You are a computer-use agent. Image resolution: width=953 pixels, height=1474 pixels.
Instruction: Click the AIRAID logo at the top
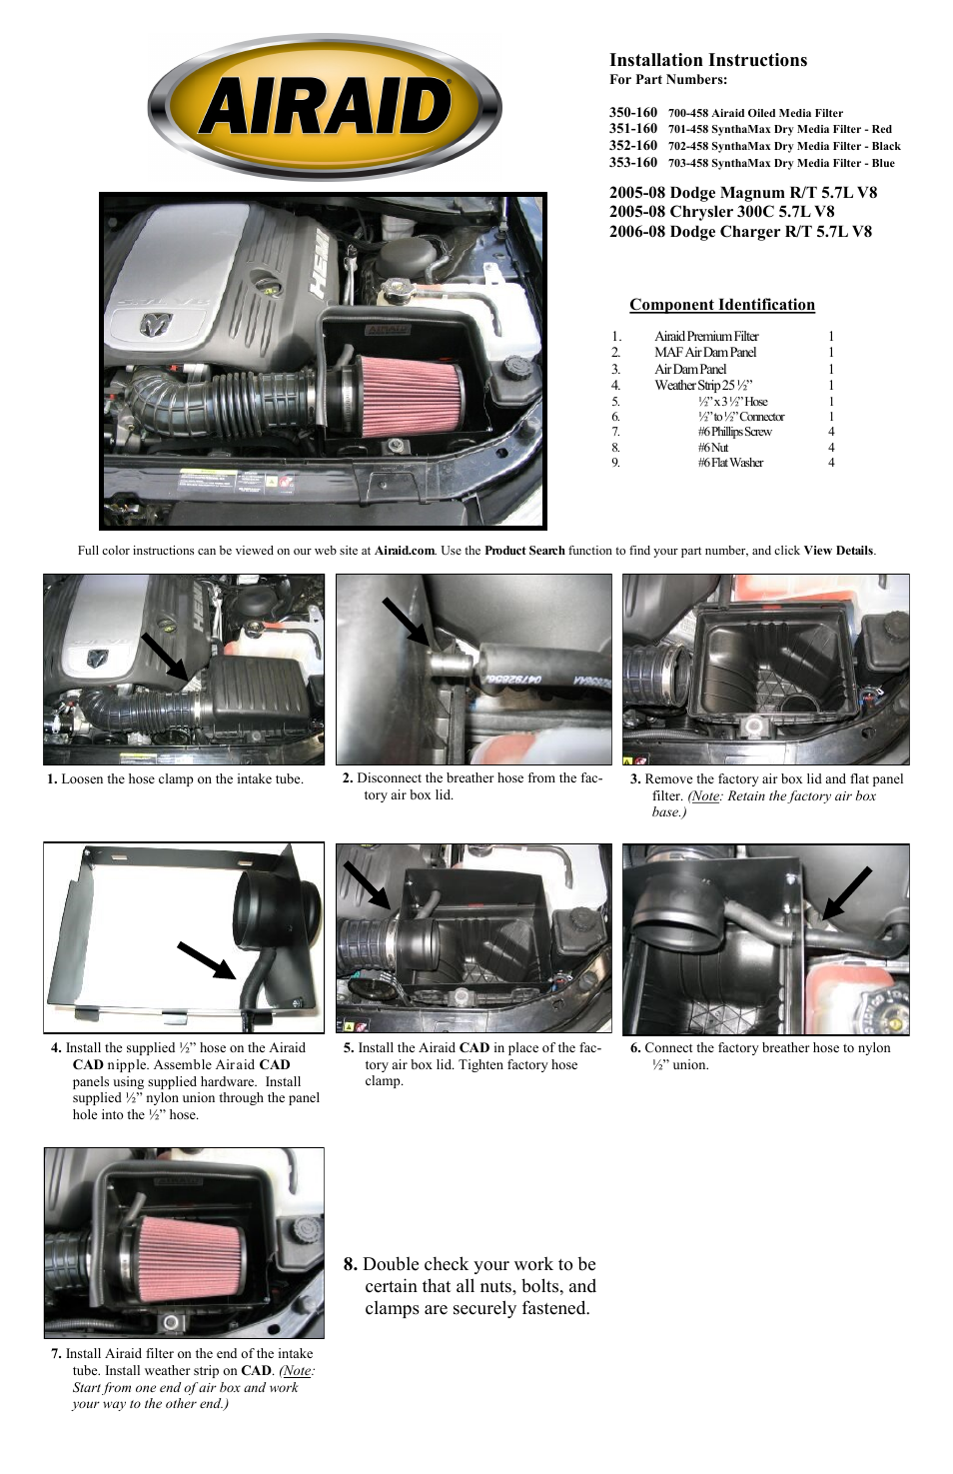[x=325, y=107]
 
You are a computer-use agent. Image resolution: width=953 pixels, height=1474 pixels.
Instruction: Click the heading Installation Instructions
[x=707, y=60]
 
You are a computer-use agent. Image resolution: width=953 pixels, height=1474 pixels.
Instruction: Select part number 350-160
[x=633, y=113]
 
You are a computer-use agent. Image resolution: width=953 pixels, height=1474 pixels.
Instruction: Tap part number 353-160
[x=633, y=162]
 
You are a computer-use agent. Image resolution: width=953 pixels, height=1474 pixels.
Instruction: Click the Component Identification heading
[x=721, y=305]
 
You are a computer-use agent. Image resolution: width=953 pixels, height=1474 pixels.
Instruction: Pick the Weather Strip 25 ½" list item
[x=702, y=385]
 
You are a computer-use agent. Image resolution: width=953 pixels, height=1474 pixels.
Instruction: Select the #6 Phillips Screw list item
[x=734, y=432]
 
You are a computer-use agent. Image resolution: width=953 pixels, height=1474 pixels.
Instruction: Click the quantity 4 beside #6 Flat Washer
[x=831, y=463]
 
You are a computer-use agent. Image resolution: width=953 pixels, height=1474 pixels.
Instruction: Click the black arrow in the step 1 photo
[x=164, y=657]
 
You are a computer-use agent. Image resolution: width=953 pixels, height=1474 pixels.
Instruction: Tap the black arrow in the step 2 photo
[x=406, y=621]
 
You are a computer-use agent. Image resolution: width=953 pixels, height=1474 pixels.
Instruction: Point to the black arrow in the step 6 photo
[x=846, y=892]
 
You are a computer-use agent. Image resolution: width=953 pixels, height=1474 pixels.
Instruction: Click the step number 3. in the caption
[x=635, y=779]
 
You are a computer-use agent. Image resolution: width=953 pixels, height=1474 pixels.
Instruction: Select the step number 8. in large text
[x=350, y=1264]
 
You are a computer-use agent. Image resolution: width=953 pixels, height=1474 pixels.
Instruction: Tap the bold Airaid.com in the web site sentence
[x=404, y=551]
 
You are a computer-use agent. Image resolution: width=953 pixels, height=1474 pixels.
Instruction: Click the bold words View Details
[x=838, y=551]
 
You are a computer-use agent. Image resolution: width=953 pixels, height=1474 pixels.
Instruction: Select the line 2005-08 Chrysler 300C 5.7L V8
[x=721, y=212]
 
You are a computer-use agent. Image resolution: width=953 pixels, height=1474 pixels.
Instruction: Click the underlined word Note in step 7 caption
[x=297, y=1371]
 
